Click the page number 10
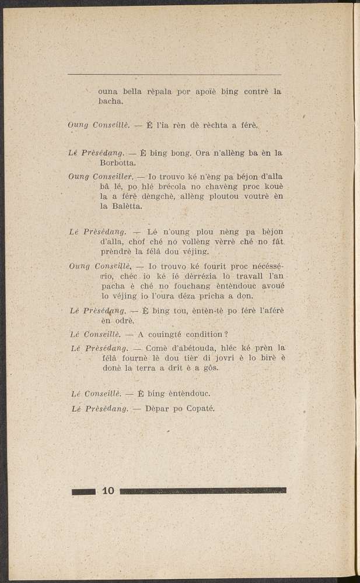pos(108,491)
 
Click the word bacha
pos(110,102)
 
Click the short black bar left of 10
pos(83,491)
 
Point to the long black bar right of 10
pos(202,491)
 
